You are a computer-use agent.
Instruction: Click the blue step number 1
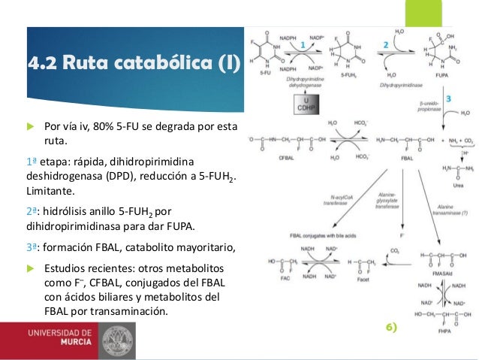coord(303,45)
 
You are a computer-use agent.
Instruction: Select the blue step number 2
coord(385,45)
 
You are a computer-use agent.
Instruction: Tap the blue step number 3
coord(448,98)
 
